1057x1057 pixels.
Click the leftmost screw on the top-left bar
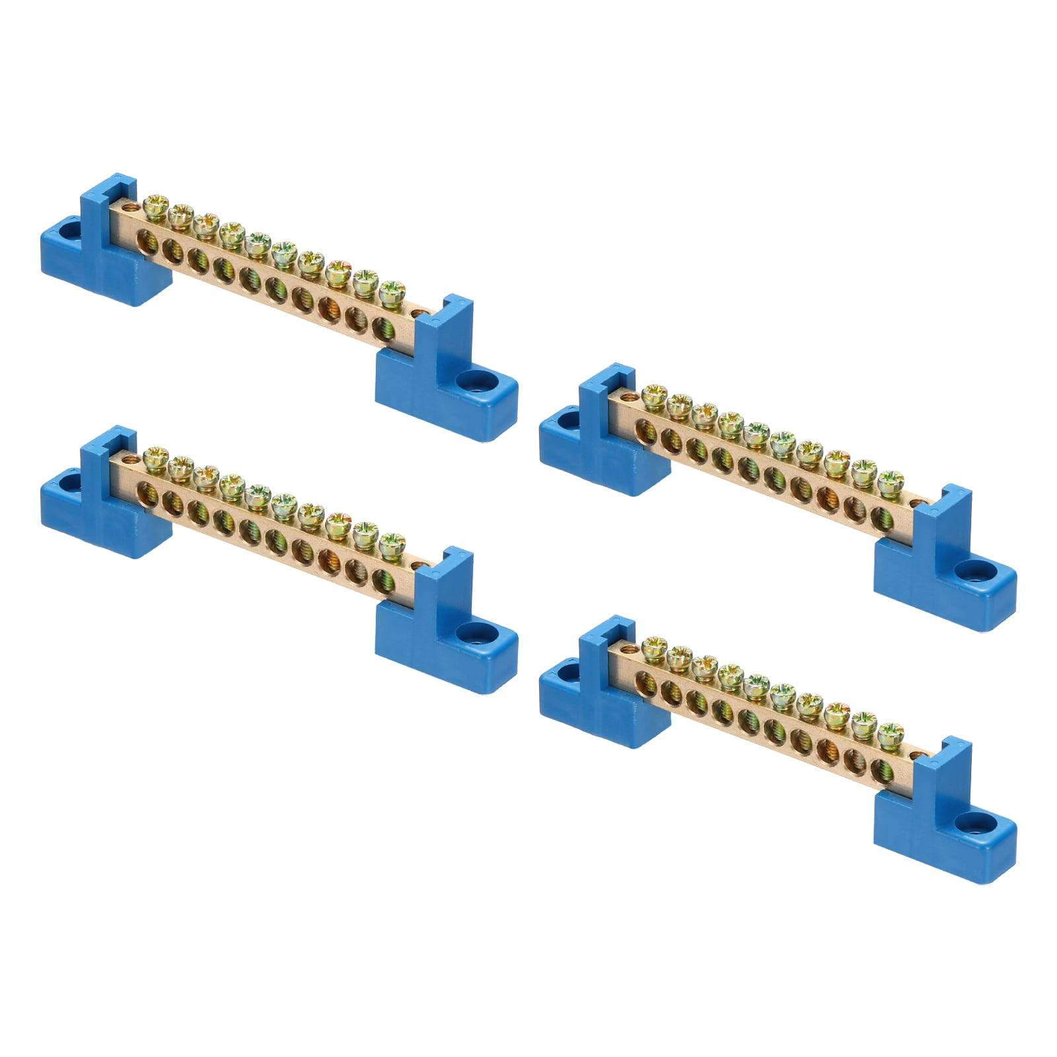click(156, 203)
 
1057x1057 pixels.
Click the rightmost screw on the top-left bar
click(392, 289)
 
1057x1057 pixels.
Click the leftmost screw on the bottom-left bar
click(156, 456)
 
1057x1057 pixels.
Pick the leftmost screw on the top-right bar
click(654, 393)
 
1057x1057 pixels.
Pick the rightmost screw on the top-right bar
click(891, 481)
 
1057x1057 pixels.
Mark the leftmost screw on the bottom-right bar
click(654, 645)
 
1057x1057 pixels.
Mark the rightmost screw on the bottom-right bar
click(891, 733)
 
